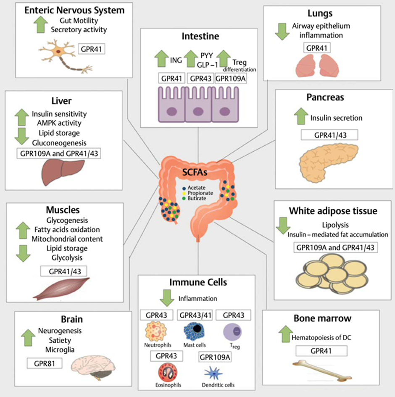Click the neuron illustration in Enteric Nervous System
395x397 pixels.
pos(63,55)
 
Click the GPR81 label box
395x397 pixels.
pos(44,362)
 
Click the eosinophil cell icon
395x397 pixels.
pos(168,372)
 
